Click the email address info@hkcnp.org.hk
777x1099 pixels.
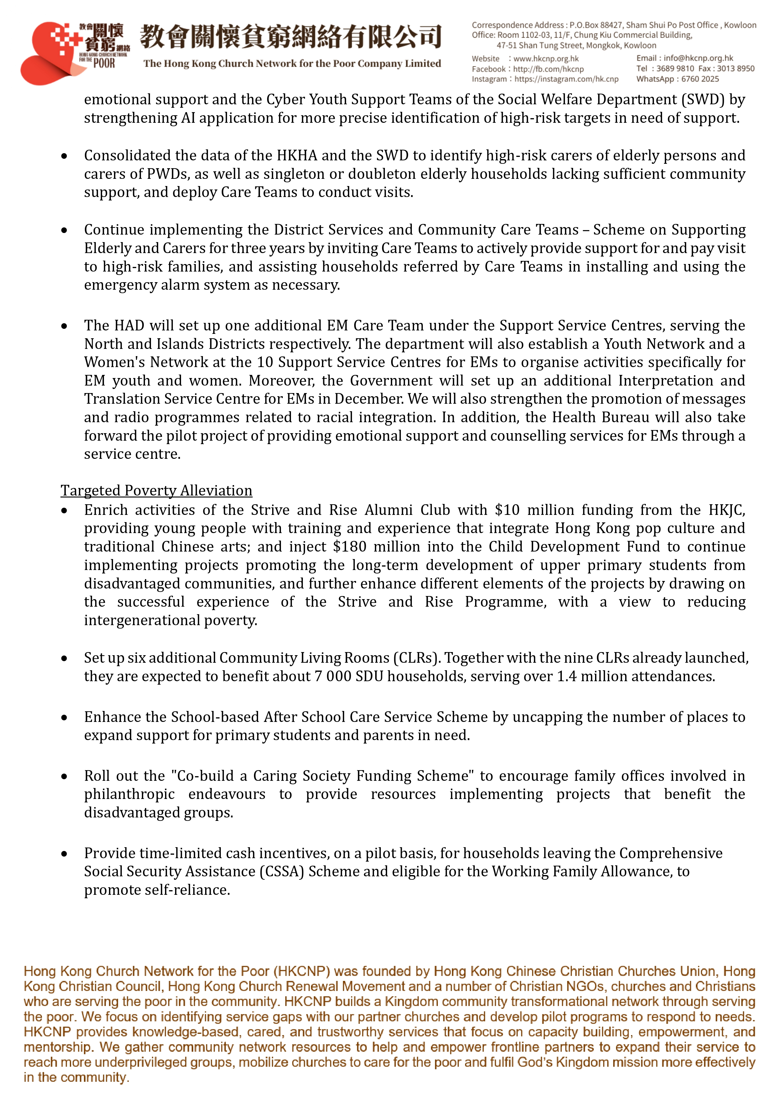[x=698, y=58]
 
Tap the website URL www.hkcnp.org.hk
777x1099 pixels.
[x=546, y=58]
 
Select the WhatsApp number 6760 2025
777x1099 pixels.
[x=700, y=79]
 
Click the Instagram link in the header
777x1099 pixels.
[x=566, y=79]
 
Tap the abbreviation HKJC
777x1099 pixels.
[x=726, y=510]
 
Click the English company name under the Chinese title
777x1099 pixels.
[x=292, y=64]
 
